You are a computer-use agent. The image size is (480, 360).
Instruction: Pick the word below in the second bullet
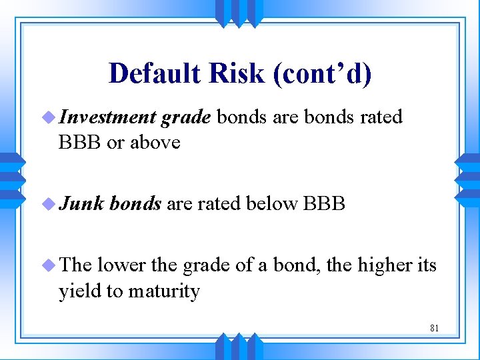(272, 204)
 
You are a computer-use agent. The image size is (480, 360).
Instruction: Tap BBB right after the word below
(324, 204)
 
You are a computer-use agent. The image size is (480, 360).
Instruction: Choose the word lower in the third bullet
(123, 265)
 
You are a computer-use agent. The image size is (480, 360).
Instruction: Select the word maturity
(167, 291)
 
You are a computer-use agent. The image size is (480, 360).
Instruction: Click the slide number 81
(434, 328)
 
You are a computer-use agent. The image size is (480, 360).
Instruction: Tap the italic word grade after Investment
(186, 117)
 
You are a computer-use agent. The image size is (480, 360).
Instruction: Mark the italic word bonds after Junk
(135, 204)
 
